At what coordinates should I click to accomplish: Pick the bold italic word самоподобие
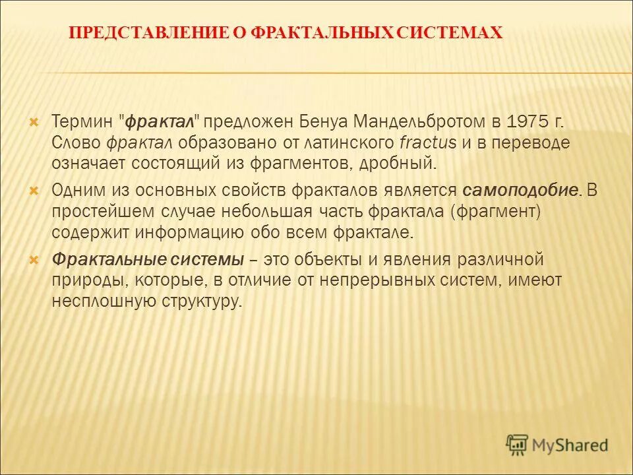pos(521,191)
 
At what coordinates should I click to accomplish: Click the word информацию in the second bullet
pos(192,232)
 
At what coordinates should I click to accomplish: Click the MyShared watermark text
pos(571,445)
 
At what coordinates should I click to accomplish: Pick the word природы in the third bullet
pos(89,280)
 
